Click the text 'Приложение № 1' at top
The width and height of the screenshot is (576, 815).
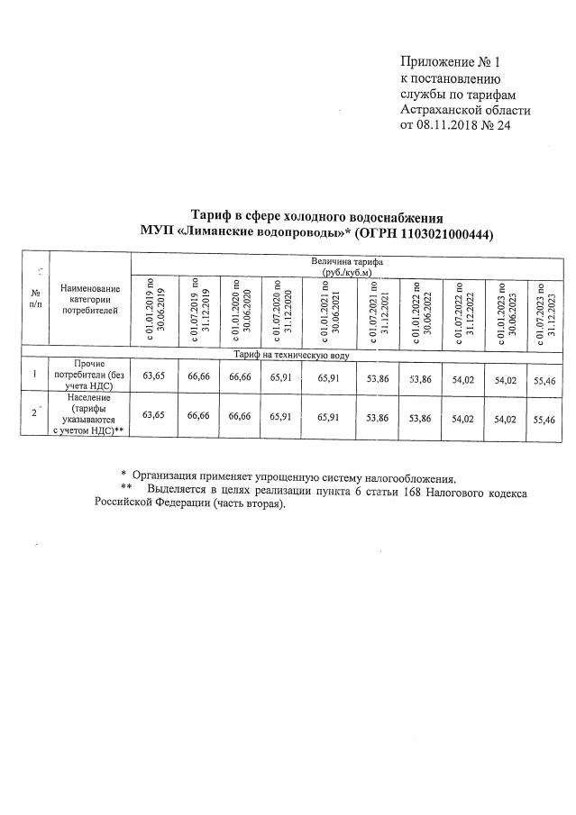(450, 62)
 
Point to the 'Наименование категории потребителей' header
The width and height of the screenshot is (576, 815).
(89, 298)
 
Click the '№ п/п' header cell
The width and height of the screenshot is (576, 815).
(35, 298)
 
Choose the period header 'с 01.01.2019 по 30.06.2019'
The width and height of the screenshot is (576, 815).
(155, 309)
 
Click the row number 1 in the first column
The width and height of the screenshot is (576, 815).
(34, 374)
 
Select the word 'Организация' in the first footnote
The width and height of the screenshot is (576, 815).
(168, 477)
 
